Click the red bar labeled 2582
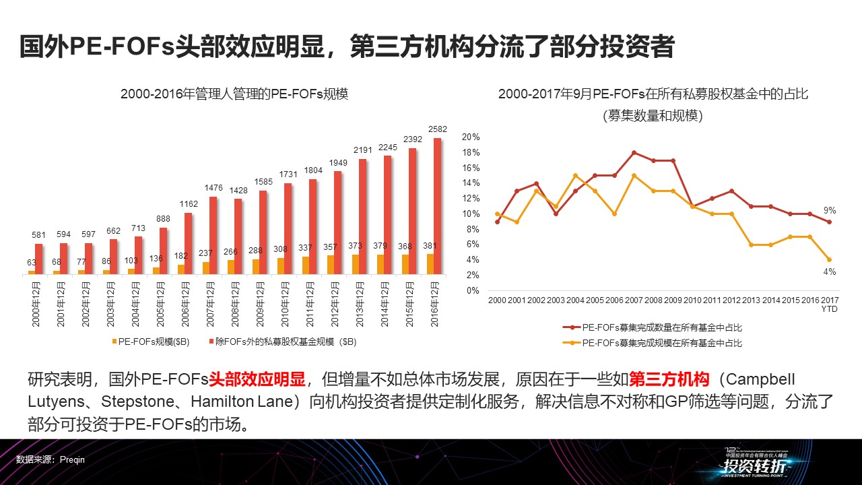pyautogui.click(x=437, y=206)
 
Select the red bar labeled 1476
pyautogui.click(x=213, y=235)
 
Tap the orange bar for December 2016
pyautogui.click(x=430, y=264)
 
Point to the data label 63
pyautogui.click(x=31, y=263)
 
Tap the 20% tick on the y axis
pyautogui.click(x=470, y=137)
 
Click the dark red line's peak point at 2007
pyautogui.click(x=634, y=152)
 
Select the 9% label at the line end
pyautogui.click(x=830, y=210)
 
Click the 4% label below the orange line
pyautogui.click(x=830, y=271)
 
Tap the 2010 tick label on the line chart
pyautogui.click(x=693, y=300)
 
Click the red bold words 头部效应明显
pyautogui.click(x=257, y=379)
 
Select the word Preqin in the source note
pyautogui.click(x=72, y=459)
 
